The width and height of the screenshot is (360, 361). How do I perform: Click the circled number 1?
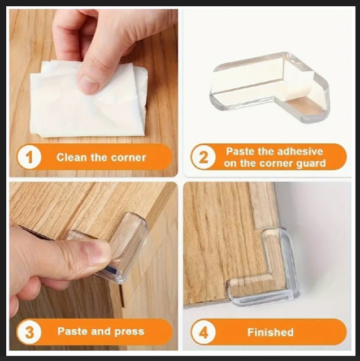pos(29,158)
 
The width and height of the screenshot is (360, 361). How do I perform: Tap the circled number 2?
pos(203,158)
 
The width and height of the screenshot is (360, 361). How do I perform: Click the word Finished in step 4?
pos(270,332)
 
